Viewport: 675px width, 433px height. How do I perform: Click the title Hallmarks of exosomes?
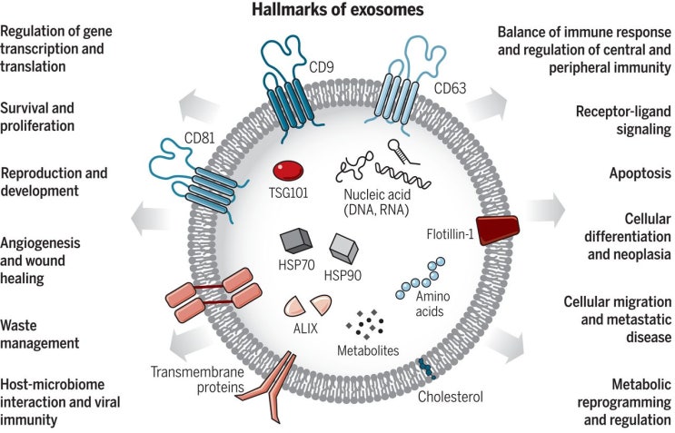coord(336,11)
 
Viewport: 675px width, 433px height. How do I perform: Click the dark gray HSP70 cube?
coord(297,241)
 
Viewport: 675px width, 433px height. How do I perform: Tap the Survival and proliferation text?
coord(50,115)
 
